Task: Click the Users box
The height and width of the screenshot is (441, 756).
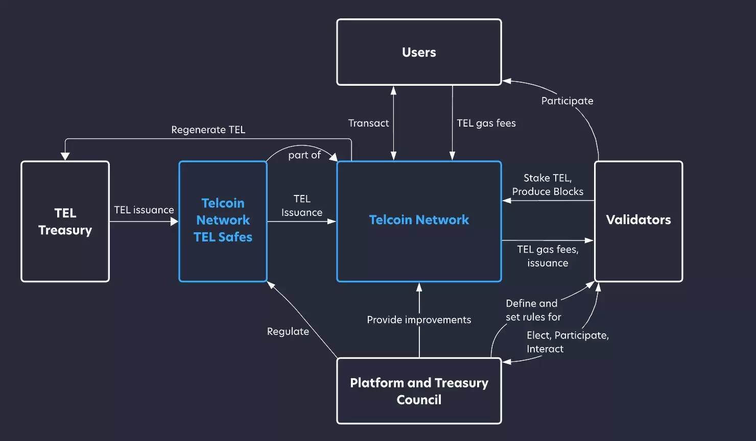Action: pos(419,52)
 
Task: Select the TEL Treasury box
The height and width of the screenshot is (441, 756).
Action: pos(65,222)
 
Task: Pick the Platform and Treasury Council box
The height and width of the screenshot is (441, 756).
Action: pos(419,391)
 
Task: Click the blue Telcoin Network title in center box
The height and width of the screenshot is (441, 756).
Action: pos(419,220)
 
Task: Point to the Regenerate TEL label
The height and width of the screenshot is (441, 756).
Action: pos(208,130)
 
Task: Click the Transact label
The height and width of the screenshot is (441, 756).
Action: pos(368,123)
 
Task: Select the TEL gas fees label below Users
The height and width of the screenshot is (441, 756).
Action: pos(486,123)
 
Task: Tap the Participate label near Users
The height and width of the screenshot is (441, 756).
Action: pos(567,101)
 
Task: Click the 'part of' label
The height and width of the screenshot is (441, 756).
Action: pos(304,155)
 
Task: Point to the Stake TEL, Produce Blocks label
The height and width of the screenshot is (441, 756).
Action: pos(548,185)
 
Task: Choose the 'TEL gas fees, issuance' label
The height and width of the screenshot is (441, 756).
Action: pos(548,256)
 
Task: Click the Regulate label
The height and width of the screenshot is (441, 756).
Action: pos(288,331)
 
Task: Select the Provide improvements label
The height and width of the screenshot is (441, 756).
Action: pos(419,320)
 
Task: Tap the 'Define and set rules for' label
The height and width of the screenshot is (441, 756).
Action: pos(533,310)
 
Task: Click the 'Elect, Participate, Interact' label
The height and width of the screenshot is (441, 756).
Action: pos(567,342)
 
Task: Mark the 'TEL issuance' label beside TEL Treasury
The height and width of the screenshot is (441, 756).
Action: pos(144,210)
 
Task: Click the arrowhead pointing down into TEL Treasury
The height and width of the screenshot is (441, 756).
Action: pos(65,156)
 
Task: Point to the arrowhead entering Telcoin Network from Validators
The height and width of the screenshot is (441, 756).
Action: pos(507,201)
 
